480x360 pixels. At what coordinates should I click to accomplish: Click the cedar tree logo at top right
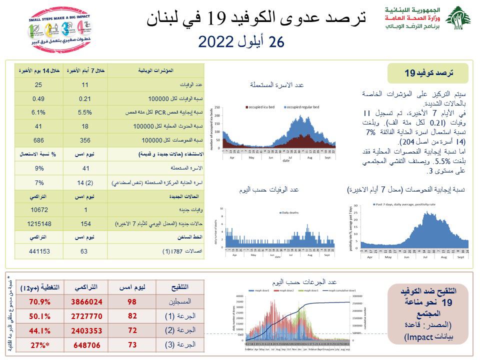[x=457, y=18]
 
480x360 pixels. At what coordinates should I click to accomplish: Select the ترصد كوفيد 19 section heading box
[x=428, y=73]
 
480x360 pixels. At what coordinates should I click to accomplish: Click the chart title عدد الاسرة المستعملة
[x=276, y=85]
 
